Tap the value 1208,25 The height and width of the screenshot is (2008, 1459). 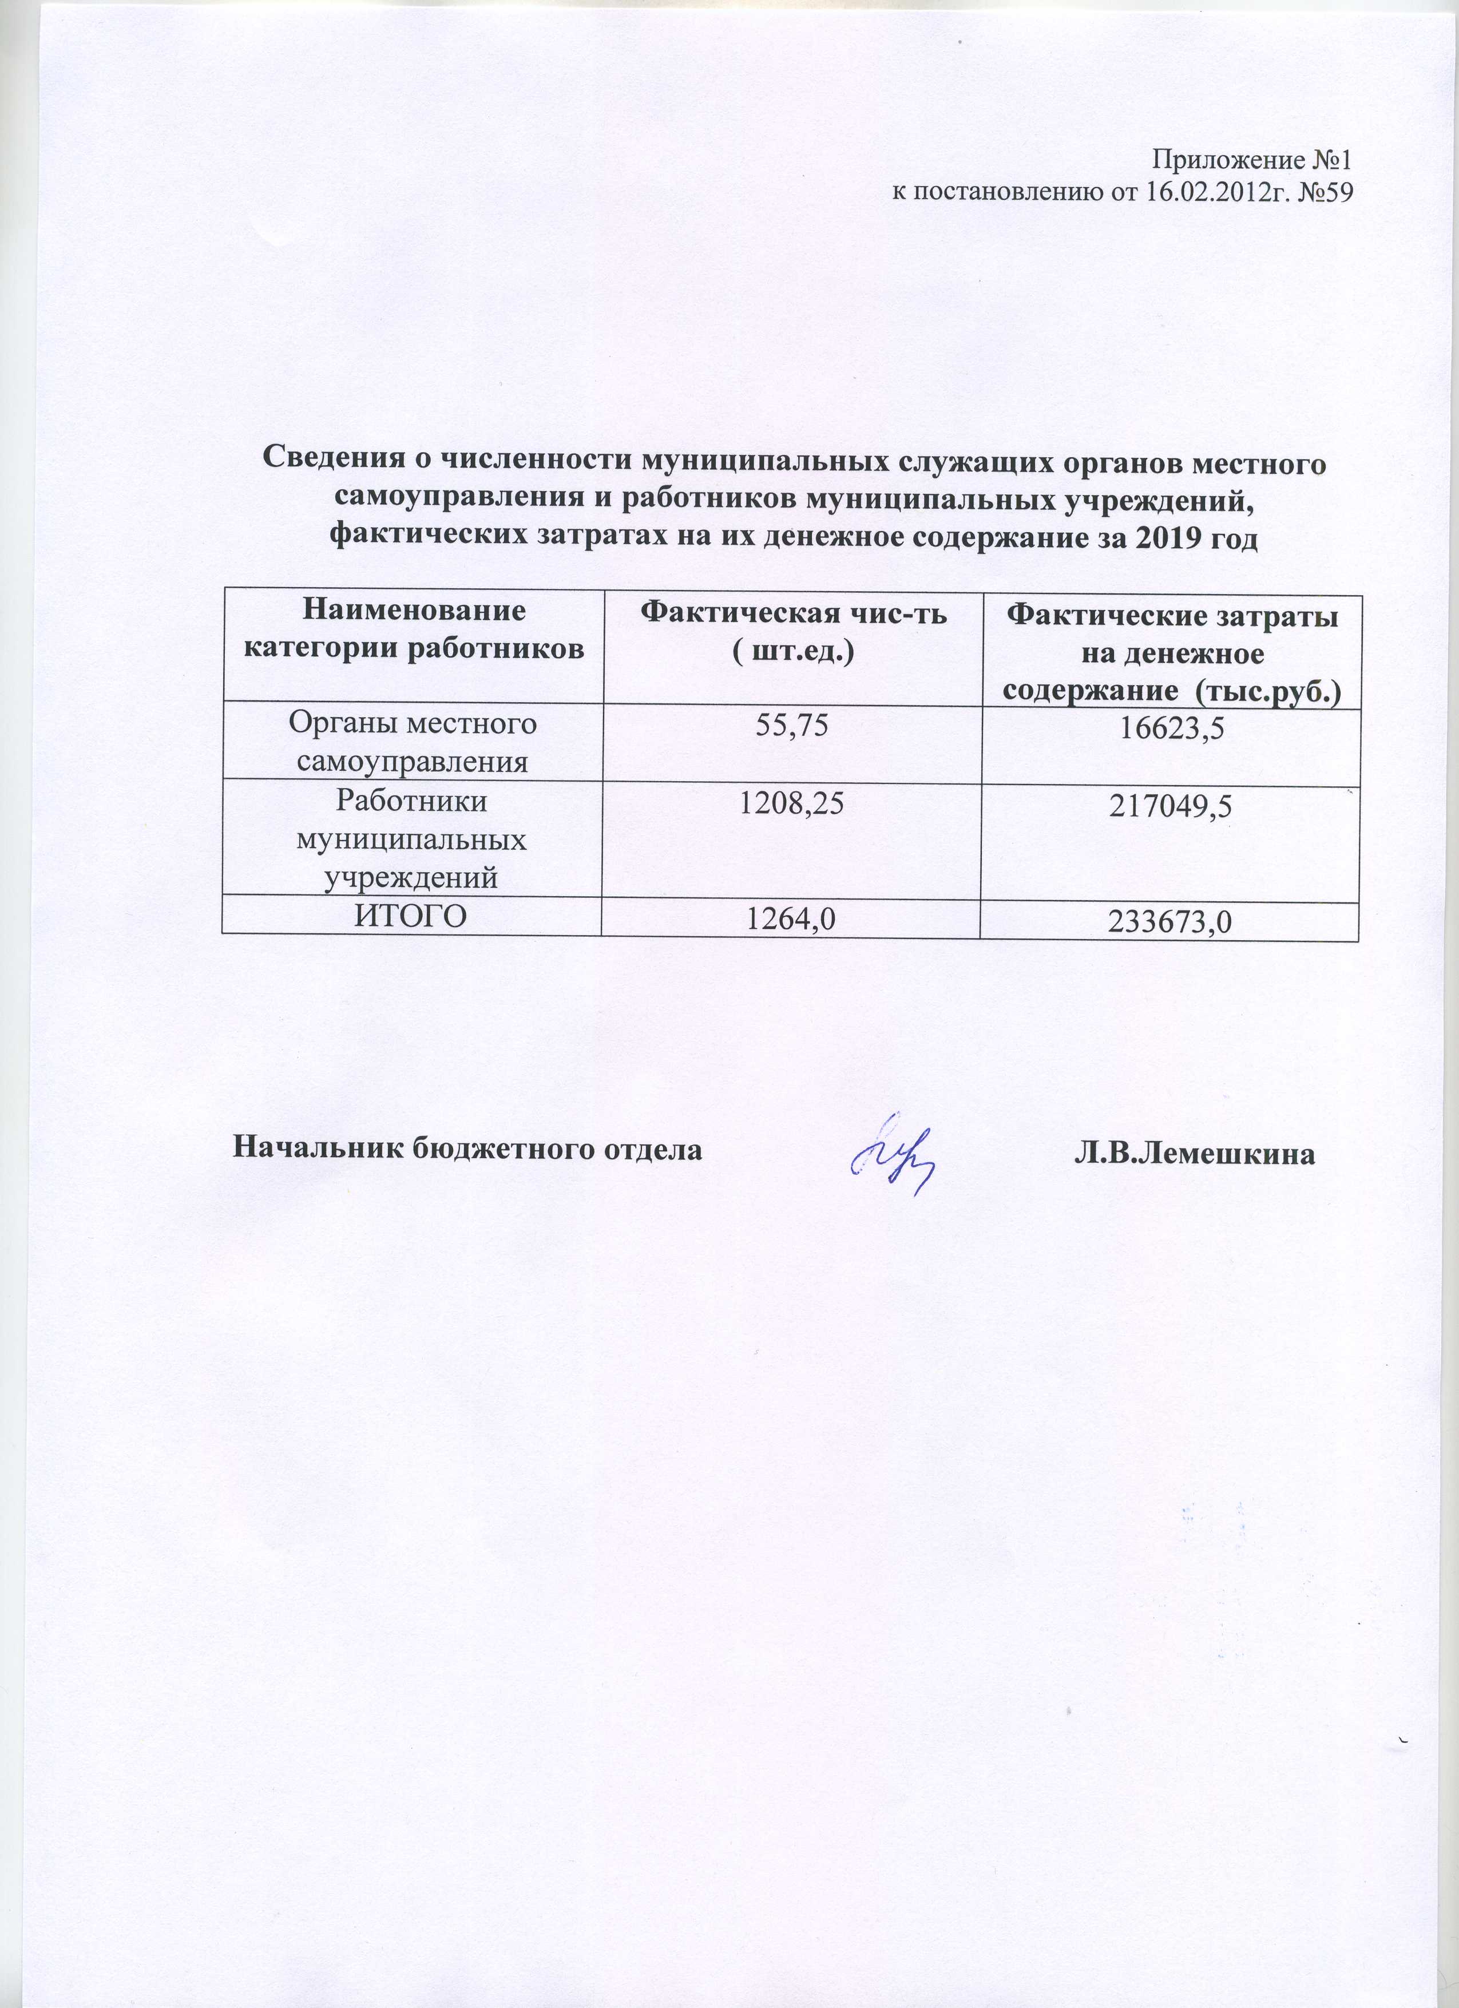(791, 803)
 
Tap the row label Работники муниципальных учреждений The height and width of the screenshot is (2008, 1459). (412, 839)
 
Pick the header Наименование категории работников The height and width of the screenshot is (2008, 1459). (414, 629)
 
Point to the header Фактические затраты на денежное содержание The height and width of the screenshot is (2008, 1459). (1172, 654)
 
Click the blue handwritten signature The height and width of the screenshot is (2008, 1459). (891, 1152)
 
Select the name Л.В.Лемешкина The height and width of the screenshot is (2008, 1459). (1194, 1152)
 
